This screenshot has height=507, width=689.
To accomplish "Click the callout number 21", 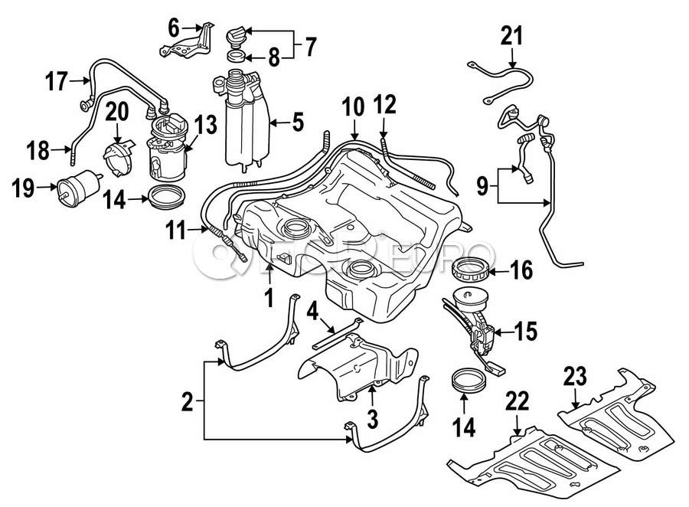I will [x=512, y=35].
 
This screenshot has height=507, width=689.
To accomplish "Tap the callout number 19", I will [x=23, y=188].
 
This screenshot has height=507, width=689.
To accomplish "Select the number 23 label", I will [x=575, y=377].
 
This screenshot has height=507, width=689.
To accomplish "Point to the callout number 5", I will [x=298, y=121].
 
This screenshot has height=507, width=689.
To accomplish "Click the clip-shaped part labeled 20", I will [x=119, y=157].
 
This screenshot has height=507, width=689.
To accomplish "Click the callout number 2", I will [x=186, y=400].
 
